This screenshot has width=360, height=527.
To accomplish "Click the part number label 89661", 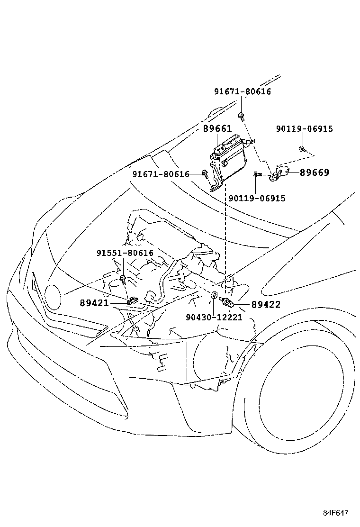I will point(217,129).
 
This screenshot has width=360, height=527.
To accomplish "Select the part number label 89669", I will point(314,173).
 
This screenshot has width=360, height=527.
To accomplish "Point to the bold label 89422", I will point(266,305).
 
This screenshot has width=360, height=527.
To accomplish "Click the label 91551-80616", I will point(125,253).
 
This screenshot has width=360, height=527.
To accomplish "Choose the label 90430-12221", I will point(214,318).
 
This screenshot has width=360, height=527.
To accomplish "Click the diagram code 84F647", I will point(336,513).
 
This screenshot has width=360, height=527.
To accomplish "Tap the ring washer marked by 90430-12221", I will point(214,296).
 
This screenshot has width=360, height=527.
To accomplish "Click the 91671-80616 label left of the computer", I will point(161,174).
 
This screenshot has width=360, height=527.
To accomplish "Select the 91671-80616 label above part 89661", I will point(242,92).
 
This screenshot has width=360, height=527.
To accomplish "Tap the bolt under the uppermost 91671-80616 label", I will point(242,115).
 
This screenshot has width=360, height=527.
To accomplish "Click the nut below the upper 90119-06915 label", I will point(302,150).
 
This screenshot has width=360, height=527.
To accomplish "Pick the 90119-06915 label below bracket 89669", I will point(257,199).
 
